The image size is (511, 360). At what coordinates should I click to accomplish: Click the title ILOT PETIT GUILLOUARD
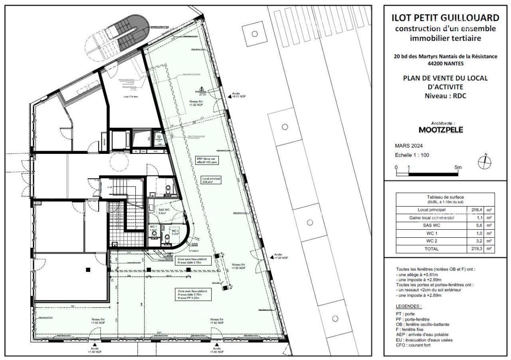point(446,18)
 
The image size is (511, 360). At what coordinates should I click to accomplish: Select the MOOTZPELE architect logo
point(441,130)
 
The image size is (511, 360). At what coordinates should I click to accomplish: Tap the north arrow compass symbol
point(485,161)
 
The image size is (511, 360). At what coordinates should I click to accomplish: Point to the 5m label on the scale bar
point(458,167)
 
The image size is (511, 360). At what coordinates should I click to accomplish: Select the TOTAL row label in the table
point(431,249)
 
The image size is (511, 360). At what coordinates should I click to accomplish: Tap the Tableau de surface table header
point(445,199)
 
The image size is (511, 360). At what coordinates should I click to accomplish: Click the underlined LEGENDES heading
point(408,306)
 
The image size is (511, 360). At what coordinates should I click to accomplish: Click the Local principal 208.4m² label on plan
point(211,180)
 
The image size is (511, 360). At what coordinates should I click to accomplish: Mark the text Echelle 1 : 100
point(412,155)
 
